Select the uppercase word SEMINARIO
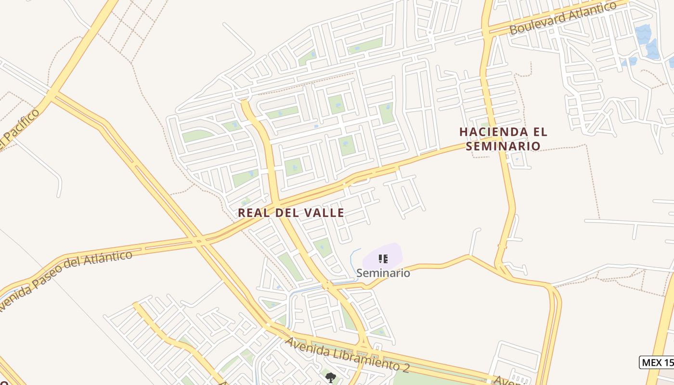[x=504, y=145]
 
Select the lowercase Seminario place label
[x=383, y=273]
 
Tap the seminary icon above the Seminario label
[x=383, y=259]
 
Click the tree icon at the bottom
[x=330, y=377]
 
